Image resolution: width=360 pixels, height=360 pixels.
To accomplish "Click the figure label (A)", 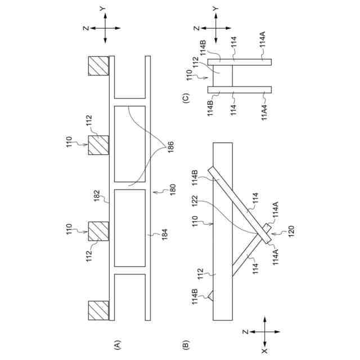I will click(117, 344).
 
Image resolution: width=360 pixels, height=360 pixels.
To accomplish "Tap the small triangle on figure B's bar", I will click(210, 294).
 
